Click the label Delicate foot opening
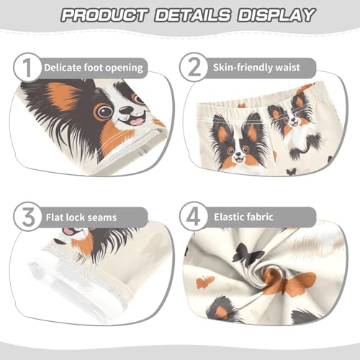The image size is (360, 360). [94, 68]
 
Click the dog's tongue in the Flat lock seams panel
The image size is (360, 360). [69, 232]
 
